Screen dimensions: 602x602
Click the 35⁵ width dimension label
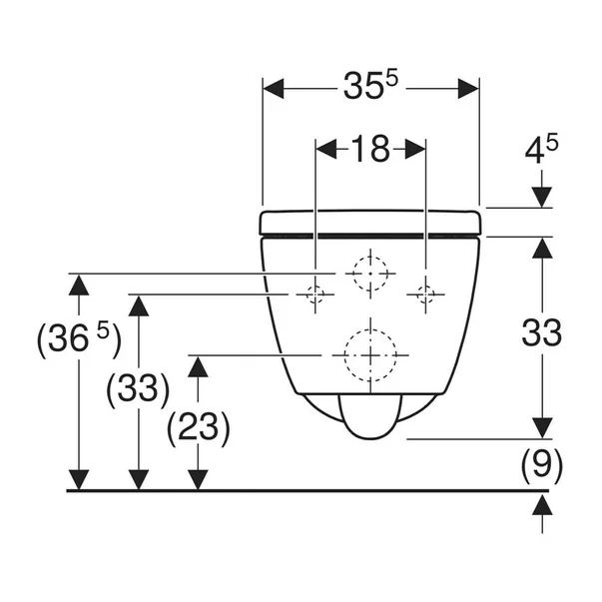coord(370,86)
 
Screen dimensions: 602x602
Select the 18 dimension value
coord(370,149)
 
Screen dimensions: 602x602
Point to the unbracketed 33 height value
coord(542,332)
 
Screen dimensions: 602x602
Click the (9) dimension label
coord(542,463)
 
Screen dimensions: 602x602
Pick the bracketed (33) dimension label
coord(138,389)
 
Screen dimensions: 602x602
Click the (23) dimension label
coord(199,427)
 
